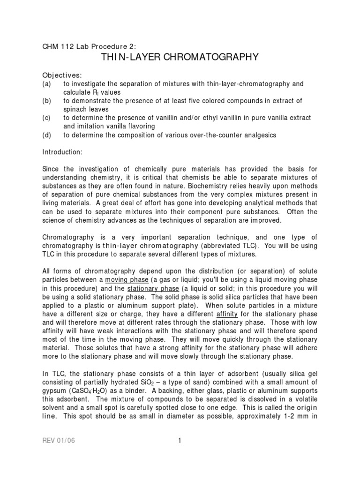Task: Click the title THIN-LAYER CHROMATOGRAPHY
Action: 180,57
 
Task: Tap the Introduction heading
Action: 62,152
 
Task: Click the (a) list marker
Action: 47,84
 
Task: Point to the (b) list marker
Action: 47,101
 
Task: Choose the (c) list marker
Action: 47,118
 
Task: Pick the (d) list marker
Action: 47,135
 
